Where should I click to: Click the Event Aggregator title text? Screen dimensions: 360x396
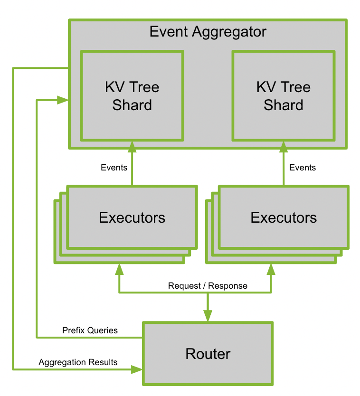[x=208, y=32]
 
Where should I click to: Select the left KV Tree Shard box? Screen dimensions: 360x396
[x=132, y=96]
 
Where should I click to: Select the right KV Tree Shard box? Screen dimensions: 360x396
[x=284, y=96]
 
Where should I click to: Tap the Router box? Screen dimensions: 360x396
[x=208, y=354]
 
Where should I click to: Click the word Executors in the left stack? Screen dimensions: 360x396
[x=132, y=217]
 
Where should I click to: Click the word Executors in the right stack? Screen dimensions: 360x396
[x=284, y=217]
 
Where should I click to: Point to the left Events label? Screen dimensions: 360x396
[x=114, y=168]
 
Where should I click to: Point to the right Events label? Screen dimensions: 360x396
[x=303, y=168]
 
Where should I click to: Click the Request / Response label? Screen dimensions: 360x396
[x=208, y=286]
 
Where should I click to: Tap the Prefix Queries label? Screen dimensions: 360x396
[x=90, y=330]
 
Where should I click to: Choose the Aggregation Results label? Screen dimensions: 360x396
[x=78, y=362]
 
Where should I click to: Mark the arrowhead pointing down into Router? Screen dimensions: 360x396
[x=208, y=316]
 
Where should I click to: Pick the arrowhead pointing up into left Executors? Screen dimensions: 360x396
[x=119, y=269]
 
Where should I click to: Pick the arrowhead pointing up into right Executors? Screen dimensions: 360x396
[x=271, y=269]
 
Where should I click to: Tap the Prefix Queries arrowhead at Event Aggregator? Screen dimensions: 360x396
[x=63, y=100]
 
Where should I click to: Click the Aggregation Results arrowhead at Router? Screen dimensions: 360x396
[x=137, y=369]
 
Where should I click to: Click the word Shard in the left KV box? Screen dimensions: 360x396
[x=132, y=105]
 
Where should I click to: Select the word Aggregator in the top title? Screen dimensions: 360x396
[x=229, y=32]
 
